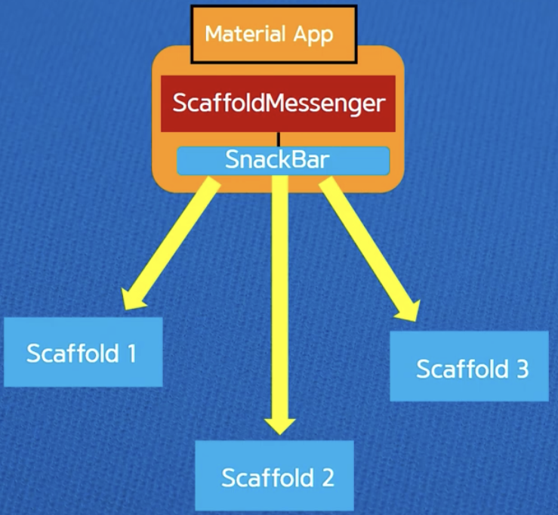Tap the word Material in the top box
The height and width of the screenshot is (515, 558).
pyautogui.click(x=237, y=35)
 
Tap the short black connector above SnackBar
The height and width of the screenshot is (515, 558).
pyautogui.click(x=279, y=139)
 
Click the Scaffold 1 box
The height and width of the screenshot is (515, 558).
pyautogui.click(x=82, y=352)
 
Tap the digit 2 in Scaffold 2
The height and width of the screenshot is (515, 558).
pyautogui.click(x=327, y=477)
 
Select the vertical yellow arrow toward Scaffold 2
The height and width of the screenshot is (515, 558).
pyautogui.click(x=280, y=302)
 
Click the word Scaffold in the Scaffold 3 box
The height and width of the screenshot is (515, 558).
pyautogui.click(x=458, y=369)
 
